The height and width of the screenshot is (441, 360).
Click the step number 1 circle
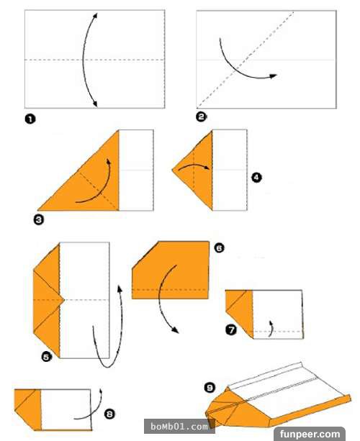tap(30, 119)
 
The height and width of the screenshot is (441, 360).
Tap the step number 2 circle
tap(202, 117)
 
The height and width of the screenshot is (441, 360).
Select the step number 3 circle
tap(39, 219)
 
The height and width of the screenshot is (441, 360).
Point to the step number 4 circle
tap(256, 178)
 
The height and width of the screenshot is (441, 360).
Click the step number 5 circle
tap(47, 357)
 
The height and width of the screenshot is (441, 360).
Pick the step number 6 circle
tap(220, 247)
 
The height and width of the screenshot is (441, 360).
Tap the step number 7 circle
tap(231, 329)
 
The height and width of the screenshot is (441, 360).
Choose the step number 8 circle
tap(109, 414)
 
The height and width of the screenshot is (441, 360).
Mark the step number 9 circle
tap(210, 388)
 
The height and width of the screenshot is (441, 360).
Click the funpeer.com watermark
tap(310, 434)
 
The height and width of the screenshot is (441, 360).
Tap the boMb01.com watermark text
tap(179, 427)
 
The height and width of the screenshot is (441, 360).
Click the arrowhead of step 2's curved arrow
tap(273, 76)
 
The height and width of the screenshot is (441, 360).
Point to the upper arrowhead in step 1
tap(95, 15)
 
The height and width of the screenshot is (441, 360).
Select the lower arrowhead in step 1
tap(95, 104)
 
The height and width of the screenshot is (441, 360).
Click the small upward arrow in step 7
tap(271, 328)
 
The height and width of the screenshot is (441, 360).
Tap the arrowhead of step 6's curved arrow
tap(175, 330)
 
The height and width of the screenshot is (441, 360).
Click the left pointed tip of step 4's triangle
tap(172, 170)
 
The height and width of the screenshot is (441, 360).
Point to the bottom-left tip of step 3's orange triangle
tap(37, 210)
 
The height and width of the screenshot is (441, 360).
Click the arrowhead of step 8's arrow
tap(101, 391)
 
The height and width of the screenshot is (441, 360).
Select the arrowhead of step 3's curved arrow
tap(109, 161)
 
